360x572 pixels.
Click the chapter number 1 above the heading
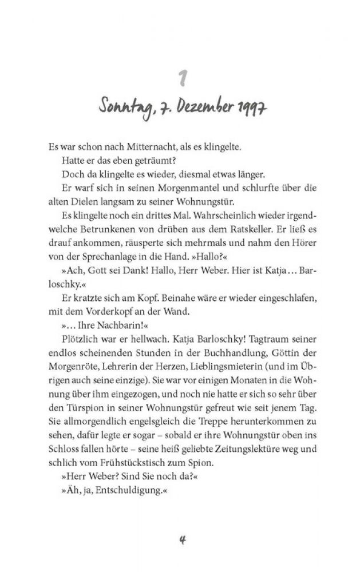coord(180,77)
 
